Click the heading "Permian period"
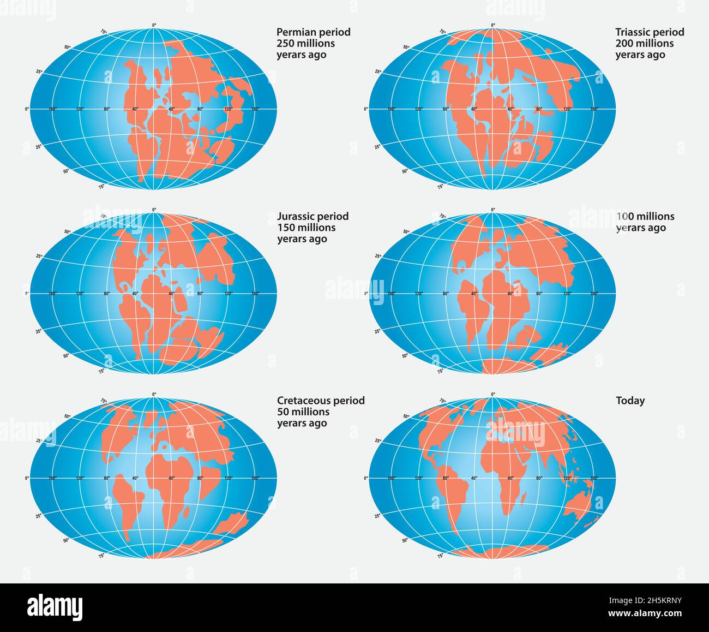(314, 32)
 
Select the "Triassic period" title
(650, 32)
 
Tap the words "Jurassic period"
(313, 216)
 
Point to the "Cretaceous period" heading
(321, 400)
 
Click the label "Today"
(630, 400)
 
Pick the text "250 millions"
(305, 44)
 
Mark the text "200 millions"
(644, 44)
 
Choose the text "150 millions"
(306, 228)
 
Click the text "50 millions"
(303, 412)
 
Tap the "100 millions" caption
(645, 216)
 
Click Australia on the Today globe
(579, 504)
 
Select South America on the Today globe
(455, 497)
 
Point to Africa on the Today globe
(504, 469)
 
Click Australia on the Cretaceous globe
(231, 525)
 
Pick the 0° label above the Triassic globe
(493, 25)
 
